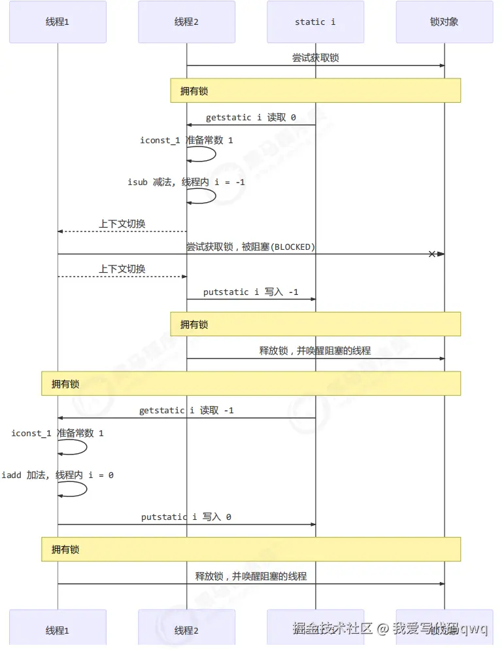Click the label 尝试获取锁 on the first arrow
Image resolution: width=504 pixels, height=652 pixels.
tap(316, 58)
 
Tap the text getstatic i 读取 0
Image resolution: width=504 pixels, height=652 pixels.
tap(251, 118)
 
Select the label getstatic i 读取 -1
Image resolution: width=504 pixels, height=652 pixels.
tap(186, 411)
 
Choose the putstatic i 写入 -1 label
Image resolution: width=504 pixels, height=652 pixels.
tap(251, 292)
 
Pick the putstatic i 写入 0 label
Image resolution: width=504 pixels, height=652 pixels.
tap(186, 517)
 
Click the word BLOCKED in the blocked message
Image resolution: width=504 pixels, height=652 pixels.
tap(292, 247)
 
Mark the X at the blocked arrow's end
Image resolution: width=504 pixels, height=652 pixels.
tap(431, 254)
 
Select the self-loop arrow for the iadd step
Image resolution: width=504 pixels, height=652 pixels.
tap(82, 489)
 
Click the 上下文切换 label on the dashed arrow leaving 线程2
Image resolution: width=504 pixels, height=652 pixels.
tap(122, 224)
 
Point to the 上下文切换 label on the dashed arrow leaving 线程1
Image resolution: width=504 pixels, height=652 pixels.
tap(122, 269)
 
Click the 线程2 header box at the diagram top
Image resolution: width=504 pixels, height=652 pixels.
tap(186, 22)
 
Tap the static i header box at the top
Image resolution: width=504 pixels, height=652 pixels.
tap(316, 22)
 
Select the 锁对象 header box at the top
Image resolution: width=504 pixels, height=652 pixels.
tap(445, 22)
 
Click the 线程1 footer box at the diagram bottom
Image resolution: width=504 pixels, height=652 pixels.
tap(58, 630)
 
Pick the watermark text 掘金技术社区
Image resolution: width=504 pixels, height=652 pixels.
tap(332, 629)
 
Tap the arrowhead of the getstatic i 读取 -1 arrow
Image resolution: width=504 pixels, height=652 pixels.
tap(61, 418)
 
